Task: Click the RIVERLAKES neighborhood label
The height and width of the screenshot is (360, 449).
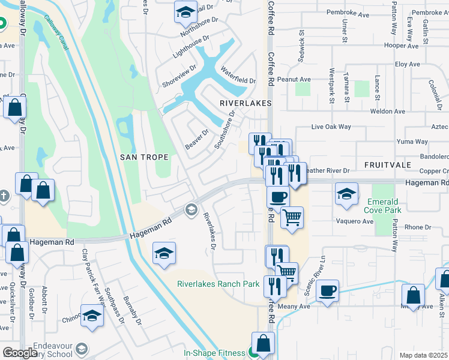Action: click(x=246, y=103)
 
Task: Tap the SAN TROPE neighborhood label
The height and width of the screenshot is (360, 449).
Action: click(x=144, y=157)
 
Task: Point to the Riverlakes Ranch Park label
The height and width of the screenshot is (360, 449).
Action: click(x=218, y=284)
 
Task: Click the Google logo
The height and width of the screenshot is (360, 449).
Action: click(x=20, y=353)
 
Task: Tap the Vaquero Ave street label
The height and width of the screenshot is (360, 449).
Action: click(x=355, y=221)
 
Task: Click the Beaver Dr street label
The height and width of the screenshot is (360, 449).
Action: click(x=196, y=140)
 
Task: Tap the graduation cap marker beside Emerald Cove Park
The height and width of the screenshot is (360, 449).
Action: click(x=347, y=194)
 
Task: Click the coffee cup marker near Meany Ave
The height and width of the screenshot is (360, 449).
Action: click(x=327, y=292)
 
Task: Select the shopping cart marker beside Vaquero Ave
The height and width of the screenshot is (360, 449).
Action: click(x=292, y=218)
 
